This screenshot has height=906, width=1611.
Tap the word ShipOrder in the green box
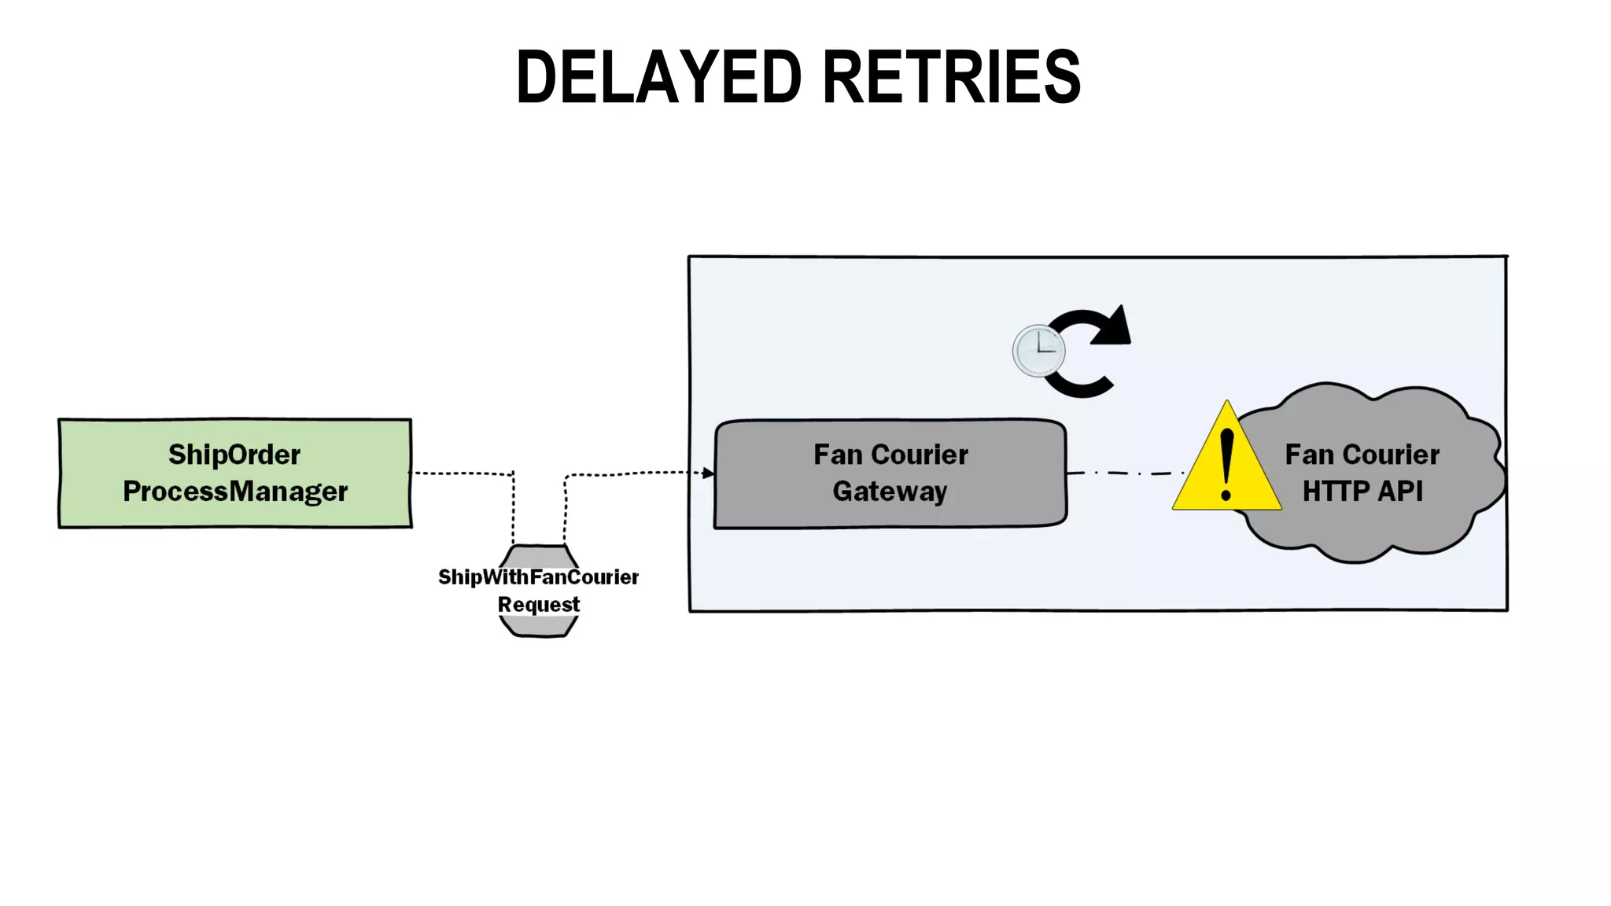234,455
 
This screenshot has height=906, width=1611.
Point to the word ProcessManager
234,492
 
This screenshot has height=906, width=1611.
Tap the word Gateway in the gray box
890,492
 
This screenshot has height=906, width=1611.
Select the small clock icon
1038,351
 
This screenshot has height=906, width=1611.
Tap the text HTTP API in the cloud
1362,492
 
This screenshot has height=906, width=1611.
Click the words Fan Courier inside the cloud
1362,455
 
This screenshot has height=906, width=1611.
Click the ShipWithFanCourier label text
538,577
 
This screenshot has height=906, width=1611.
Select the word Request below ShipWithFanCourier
539,605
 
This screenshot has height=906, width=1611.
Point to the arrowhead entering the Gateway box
708,473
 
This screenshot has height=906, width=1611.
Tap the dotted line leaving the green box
460,473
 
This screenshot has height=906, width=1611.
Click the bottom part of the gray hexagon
539,627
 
